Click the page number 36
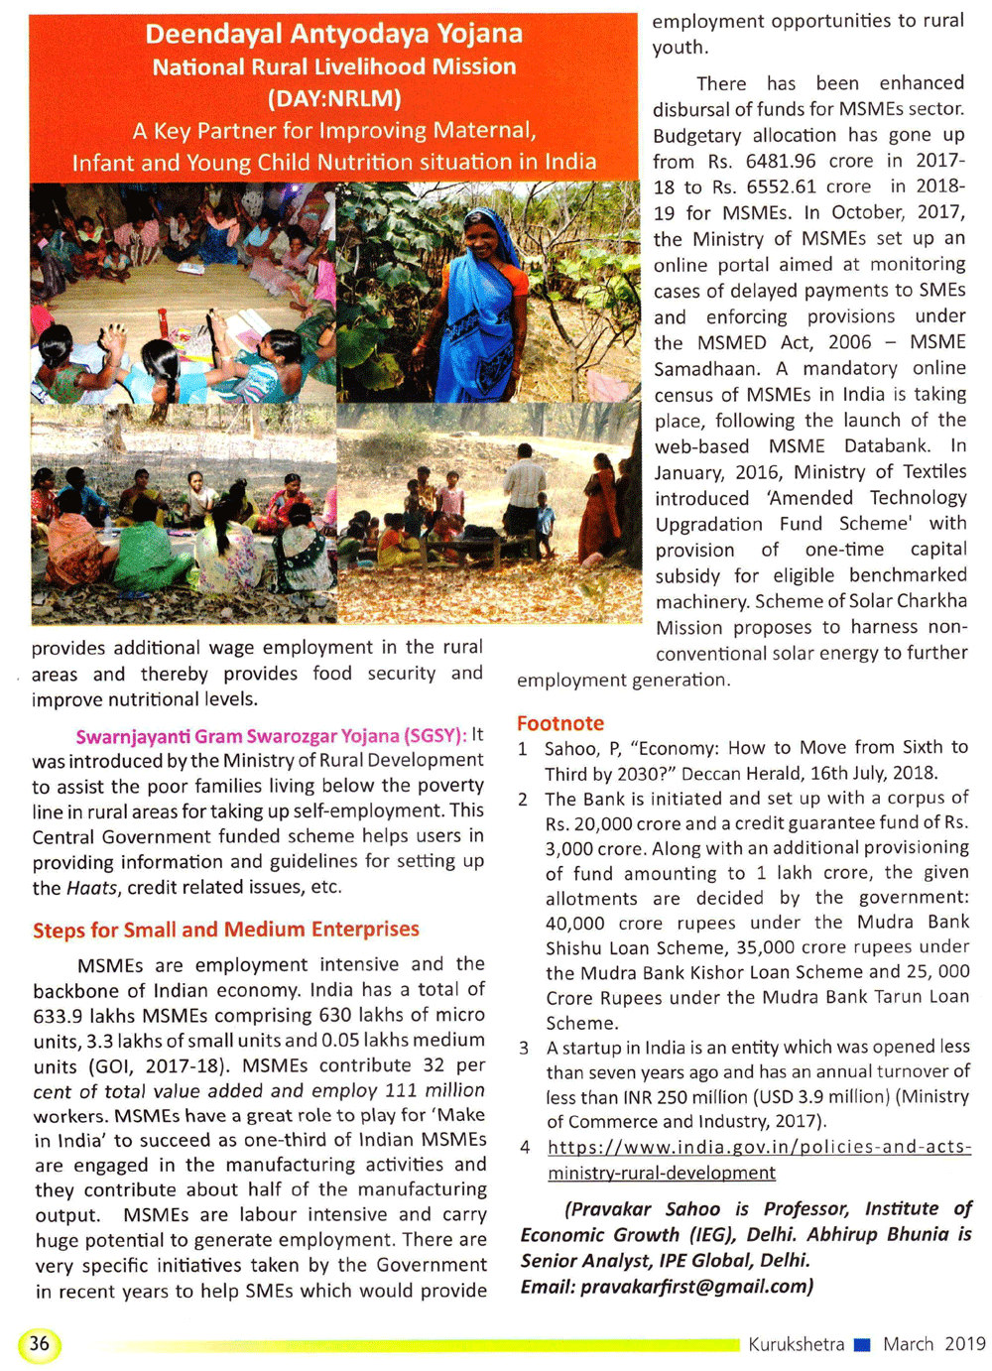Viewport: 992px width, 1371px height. (39, 1343)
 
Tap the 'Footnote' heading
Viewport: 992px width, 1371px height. (559, 723)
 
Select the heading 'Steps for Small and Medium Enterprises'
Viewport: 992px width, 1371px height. (226, 930)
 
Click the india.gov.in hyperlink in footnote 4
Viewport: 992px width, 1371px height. (759, 1159)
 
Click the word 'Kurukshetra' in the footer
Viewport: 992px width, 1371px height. (796, 1344)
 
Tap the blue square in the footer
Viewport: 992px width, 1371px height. (862, 1345)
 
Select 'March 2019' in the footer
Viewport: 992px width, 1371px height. (933, 1344)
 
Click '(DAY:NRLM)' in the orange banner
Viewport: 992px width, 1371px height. (334, 98)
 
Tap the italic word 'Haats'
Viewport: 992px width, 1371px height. (92, 888)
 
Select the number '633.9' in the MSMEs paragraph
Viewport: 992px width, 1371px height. (58, 1015)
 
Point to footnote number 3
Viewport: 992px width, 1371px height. (524, 1048)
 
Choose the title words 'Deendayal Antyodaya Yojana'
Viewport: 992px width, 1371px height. (333, 34)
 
